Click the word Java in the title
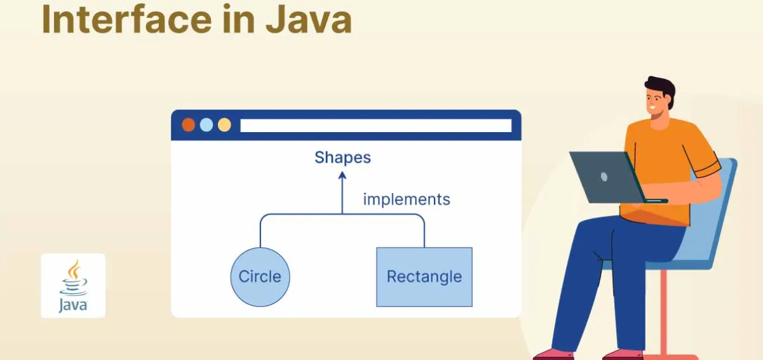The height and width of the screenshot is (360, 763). click(x=308, y=18)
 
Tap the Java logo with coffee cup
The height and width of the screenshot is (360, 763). click(x=73, y=285)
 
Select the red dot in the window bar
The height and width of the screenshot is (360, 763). click(x=189, y=124)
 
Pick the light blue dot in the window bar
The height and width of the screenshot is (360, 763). click(x=206, y=124)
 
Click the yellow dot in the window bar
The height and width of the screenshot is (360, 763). click(x=224, y=124)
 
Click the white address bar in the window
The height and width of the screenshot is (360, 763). click(x=375, y=125)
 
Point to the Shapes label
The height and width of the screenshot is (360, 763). click(x=342, y=157)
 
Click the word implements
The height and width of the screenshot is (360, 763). click(x=406, y=199)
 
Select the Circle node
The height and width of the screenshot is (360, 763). click(x=260, y=277)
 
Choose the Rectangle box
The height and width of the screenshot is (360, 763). click(x=424, y=277)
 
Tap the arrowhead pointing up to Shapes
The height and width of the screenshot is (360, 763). click(x=342, y=176)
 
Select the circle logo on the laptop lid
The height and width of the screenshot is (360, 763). click(x=604, y=176)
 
